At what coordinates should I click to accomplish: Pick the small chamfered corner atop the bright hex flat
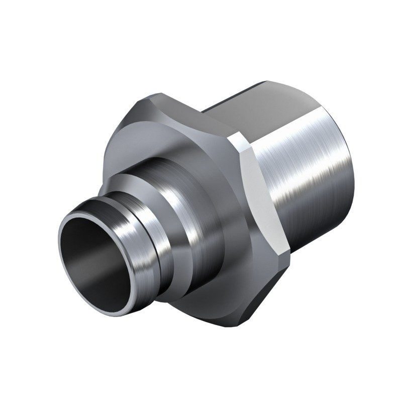point(240,143)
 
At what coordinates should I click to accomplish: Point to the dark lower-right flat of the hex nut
point(271,286)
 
